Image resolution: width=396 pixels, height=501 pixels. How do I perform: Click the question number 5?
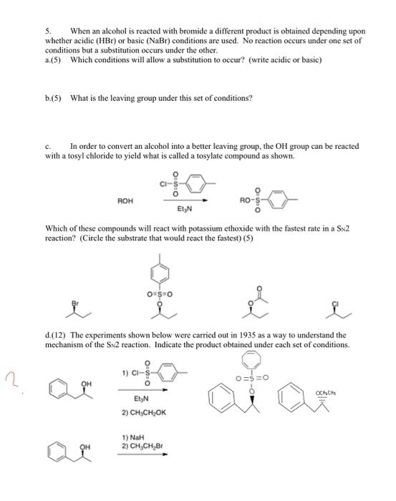(x=49, y=32)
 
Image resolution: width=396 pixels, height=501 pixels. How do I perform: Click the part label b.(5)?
(x=54, y=97)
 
